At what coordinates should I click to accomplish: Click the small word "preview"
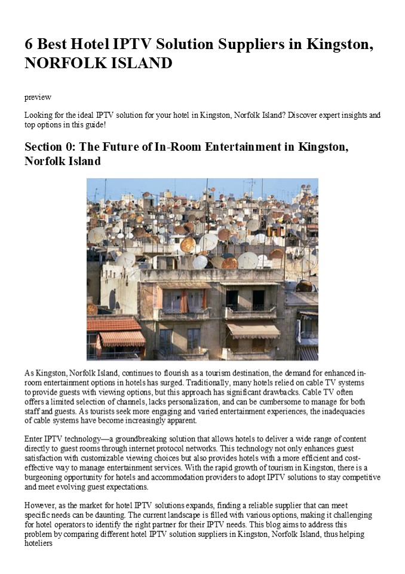(38, 97)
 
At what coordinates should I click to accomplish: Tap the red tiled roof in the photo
(112, 324)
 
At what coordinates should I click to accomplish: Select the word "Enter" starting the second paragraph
(34, 439)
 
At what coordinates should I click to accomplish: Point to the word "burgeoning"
(51, 477)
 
